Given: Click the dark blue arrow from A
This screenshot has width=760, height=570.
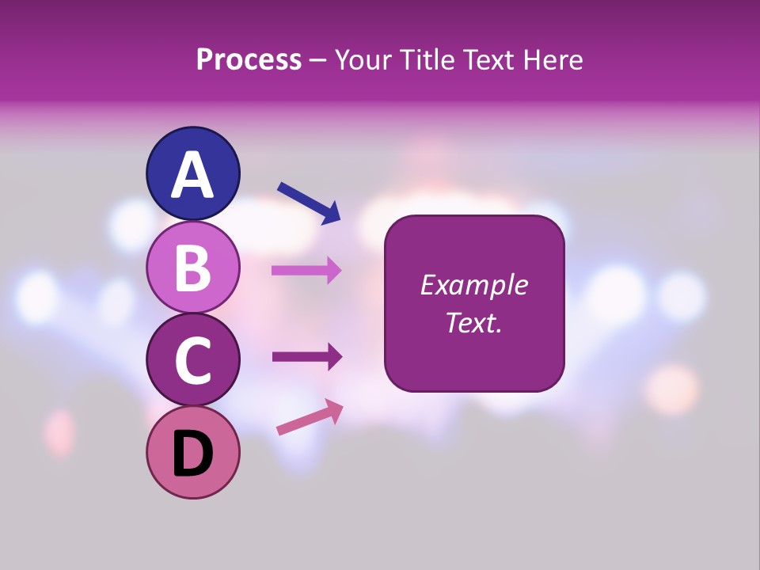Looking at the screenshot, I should (308, 201).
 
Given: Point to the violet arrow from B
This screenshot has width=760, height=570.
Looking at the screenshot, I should (306, 270).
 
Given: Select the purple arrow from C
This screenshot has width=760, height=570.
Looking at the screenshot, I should (306, 357).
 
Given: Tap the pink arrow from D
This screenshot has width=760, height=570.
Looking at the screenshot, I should (310, 417).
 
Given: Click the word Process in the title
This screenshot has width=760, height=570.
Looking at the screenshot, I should (249, 60).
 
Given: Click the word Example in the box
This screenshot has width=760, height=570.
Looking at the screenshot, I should (473, 285).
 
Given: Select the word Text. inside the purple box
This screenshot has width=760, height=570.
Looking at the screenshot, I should (473, 322).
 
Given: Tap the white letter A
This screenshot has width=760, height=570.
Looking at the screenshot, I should (192, 174).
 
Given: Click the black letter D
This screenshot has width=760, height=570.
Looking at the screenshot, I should (192, 454).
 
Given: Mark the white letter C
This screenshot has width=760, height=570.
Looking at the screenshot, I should (192, 361).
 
